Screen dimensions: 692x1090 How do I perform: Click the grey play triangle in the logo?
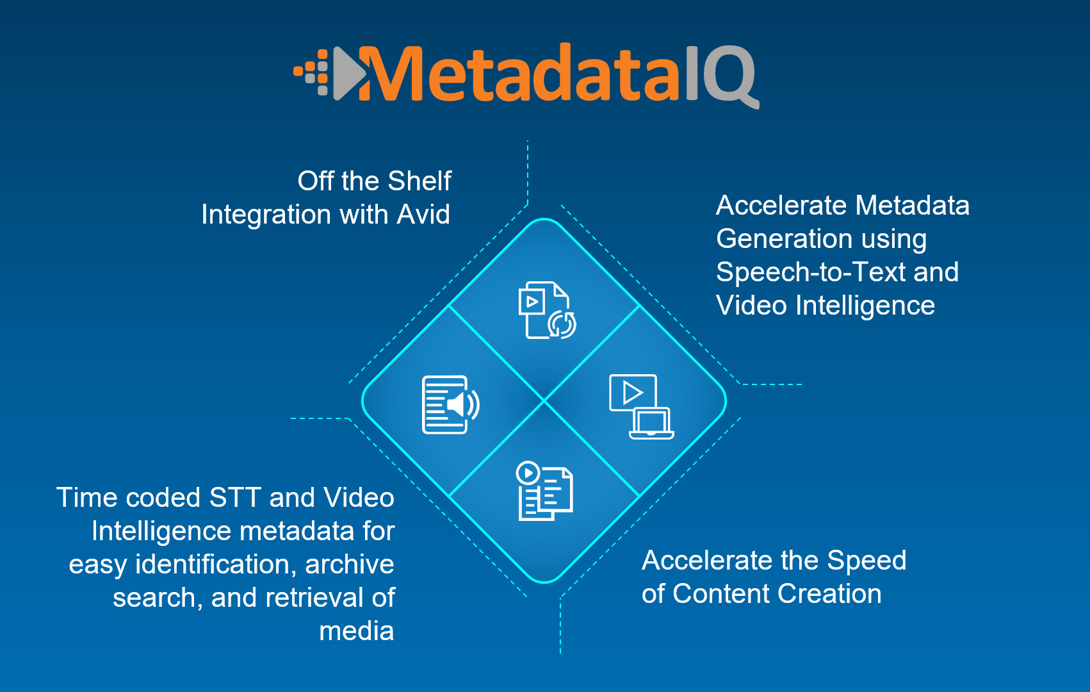coord(346,74)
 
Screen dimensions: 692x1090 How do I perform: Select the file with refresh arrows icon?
coord(546,310)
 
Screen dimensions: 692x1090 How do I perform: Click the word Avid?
coord(423,215)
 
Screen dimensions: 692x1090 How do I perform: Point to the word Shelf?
coord(419,181)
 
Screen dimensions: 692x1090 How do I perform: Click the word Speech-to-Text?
coord(811,272)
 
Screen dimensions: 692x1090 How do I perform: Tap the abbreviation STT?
coord(235,498)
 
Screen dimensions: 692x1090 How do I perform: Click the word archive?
coord(349,564)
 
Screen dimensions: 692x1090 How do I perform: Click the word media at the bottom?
coord(356,631)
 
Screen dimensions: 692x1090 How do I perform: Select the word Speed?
coord(866,561)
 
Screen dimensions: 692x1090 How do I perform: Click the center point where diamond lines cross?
coord(544,401)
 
